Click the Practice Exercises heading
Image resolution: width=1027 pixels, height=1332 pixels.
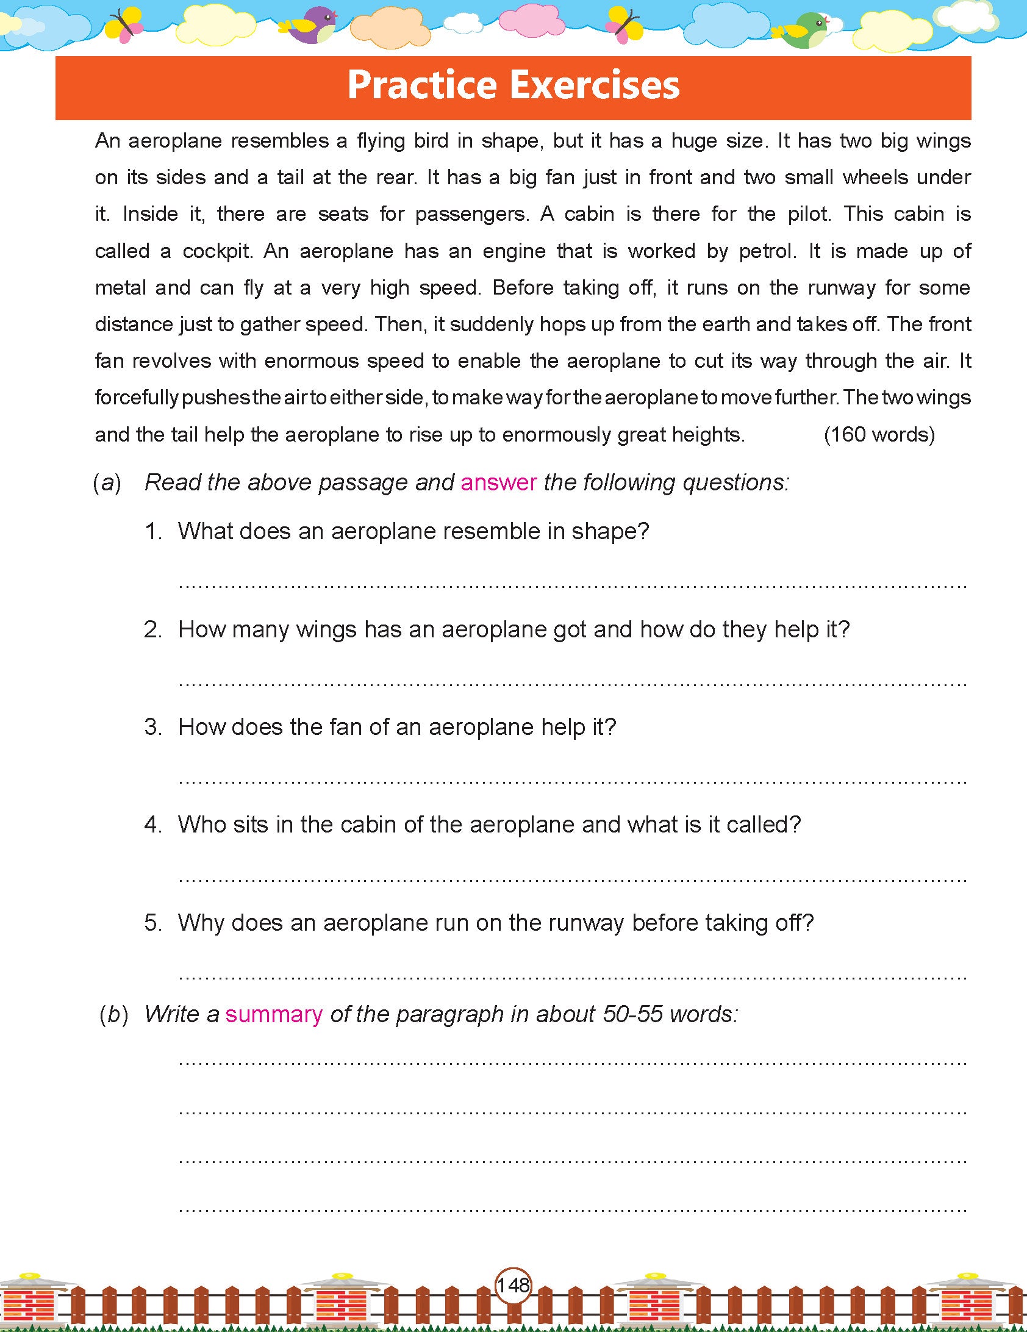point(513,85)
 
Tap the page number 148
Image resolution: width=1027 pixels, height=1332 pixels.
point(513,1285)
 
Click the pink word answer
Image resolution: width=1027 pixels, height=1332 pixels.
point(498,482)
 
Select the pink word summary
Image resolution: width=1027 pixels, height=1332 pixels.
point(274,1014)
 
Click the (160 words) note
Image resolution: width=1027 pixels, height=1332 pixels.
point(879,434)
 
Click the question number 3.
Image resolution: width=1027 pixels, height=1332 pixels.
point(152,727)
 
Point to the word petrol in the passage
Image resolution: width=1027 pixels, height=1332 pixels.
point(767,251)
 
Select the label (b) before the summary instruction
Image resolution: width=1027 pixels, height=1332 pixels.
point(113,1014)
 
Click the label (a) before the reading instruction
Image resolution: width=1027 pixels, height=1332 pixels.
point(107,482)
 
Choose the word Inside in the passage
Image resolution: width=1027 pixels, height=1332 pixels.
point(150,214)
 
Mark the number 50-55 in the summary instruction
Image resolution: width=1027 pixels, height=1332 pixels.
point(632,1014)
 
